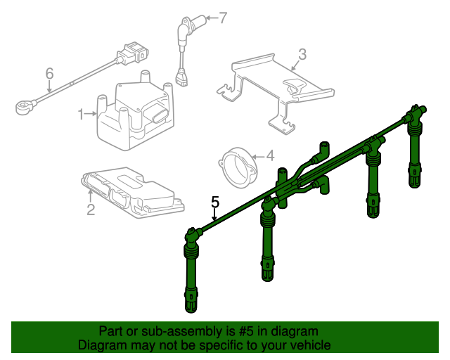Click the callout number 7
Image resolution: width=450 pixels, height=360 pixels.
pos(223,18)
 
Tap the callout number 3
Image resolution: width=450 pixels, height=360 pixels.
pos(302,54)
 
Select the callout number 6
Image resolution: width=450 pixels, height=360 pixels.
pos(50,74)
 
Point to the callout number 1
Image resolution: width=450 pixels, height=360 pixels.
pos(81,115)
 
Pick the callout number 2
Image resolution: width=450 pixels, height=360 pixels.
pos(91,210)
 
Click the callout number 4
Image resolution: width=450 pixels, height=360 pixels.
pos(270,156)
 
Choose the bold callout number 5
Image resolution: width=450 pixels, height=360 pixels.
pos(215,202)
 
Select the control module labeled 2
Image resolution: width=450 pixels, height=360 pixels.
pos(133,193)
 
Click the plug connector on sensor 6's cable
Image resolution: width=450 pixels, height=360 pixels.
pos(133,53)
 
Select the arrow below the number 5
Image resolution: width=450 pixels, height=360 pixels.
pos(214,214)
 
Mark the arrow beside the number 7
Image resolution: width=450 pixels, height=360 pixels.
pos(212,18)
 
